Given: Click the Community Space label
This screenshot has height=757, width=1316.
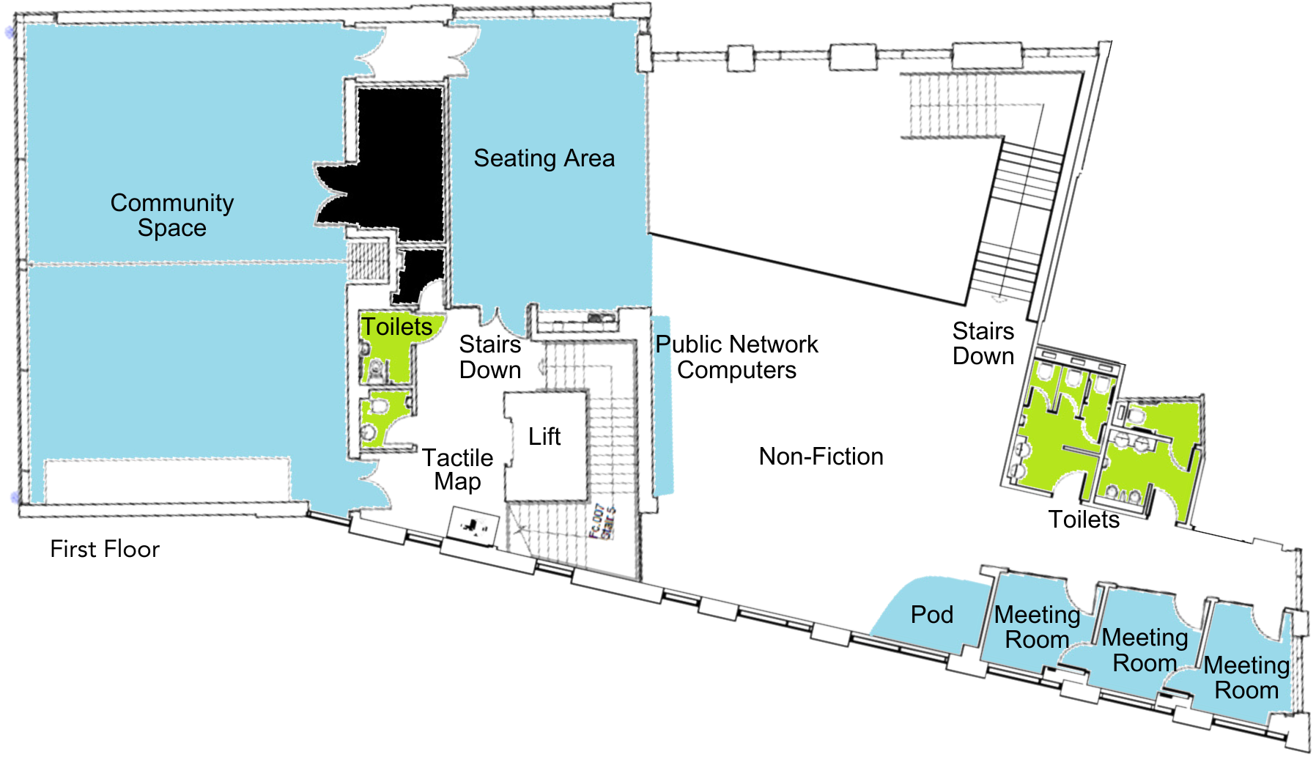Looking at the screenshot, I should pos(172,215).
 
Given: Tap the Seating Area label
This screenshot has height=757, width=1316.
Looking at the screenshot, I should pos(544,158).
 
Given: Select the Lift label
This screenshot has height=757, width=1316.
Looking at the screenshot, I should pos(544,437).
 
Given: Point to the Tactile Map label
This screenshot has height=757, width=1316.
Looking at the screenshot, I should pos(458,470).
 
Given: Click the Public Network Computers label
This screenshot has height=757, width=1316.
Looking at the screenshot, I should pos(736,357).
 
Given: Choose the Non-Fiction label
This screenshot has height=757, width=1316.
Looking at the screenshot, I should pos(821,457).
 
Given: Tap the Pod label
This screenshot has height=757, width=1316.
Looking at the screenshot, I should pos(931,615).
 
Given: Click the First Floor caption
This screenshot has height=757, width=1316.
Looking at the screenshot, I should pos(105,549).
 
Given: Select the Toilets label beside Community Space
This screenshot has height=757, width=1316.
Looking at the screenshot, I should pos(396,327).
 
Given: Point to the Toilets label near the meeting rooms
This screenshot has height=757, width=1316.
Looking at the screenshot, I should pos(1084,520).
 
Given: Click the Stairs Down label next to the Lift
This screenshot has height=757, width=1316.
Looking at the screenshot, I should pos(490,357).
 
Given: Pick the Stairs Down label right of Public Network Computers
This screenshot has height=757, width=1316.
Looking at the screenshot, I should pos(983,344).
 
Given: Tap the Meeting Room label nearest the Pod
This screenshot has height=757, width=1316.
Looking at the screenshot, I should pos(1037,627).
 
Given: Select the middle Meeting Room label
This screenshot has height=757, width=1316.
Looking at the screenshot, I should pos(1145,650).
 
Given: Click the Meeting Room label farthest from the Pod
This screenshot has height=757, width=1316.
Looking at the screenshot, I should pos(1246,678).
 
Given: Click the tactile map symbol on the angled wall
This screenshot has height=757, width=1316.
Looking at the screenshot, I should pos(473,526).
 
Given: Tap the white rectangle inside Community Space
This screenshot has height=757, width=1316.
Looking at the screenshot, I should pos(167,480).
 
